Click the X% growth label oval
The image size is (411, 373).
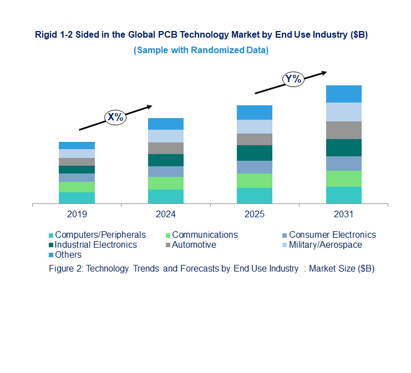pos(115,117)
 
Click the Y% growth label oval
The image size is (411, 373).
pos(293,79)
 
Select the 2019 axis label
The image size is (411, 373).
pos(77,214)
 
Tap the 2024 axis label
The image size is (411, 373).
pos(166,214)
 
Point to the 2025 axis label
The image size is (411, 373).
pos(255,214)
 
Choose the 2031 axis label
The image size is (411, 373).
pos(343,214)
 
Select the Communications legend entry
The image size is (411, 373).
pos(205,234)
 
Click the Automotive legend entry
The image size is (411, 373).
pos(194,244)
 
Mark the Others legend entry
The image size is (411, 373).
pos(68,254)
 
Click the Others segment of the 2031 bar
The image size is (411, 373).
pos(344,94)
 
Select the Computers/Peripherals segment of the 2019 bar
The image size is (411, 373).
pos(77,198)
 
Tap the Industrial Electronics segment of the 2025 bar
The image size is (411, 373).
pos(255,153)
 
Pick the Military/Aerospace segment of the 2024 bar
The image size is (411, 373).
pos(166,136)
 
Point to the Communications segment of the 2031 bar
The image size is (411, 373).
pos(344,178)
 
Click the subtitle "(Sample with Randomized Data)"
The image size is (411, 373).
pos(201,50)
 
